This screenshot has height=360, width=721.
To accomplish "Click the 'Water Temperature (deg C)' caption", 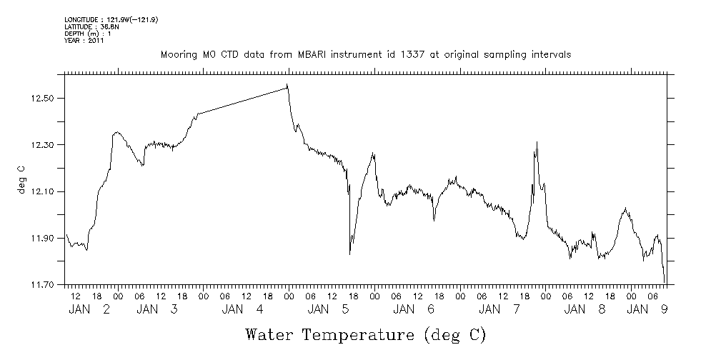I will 366,334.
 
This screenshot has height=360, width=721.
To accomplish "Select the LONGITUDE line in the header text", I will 111,19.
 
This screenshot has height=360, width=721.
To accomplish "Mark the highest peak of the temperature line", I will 287,85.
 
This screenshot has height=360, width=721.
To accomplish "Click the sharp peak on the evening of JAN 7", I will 536,143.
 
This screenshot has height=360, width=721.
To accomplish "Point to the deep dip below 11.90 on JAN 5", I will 349,253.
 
